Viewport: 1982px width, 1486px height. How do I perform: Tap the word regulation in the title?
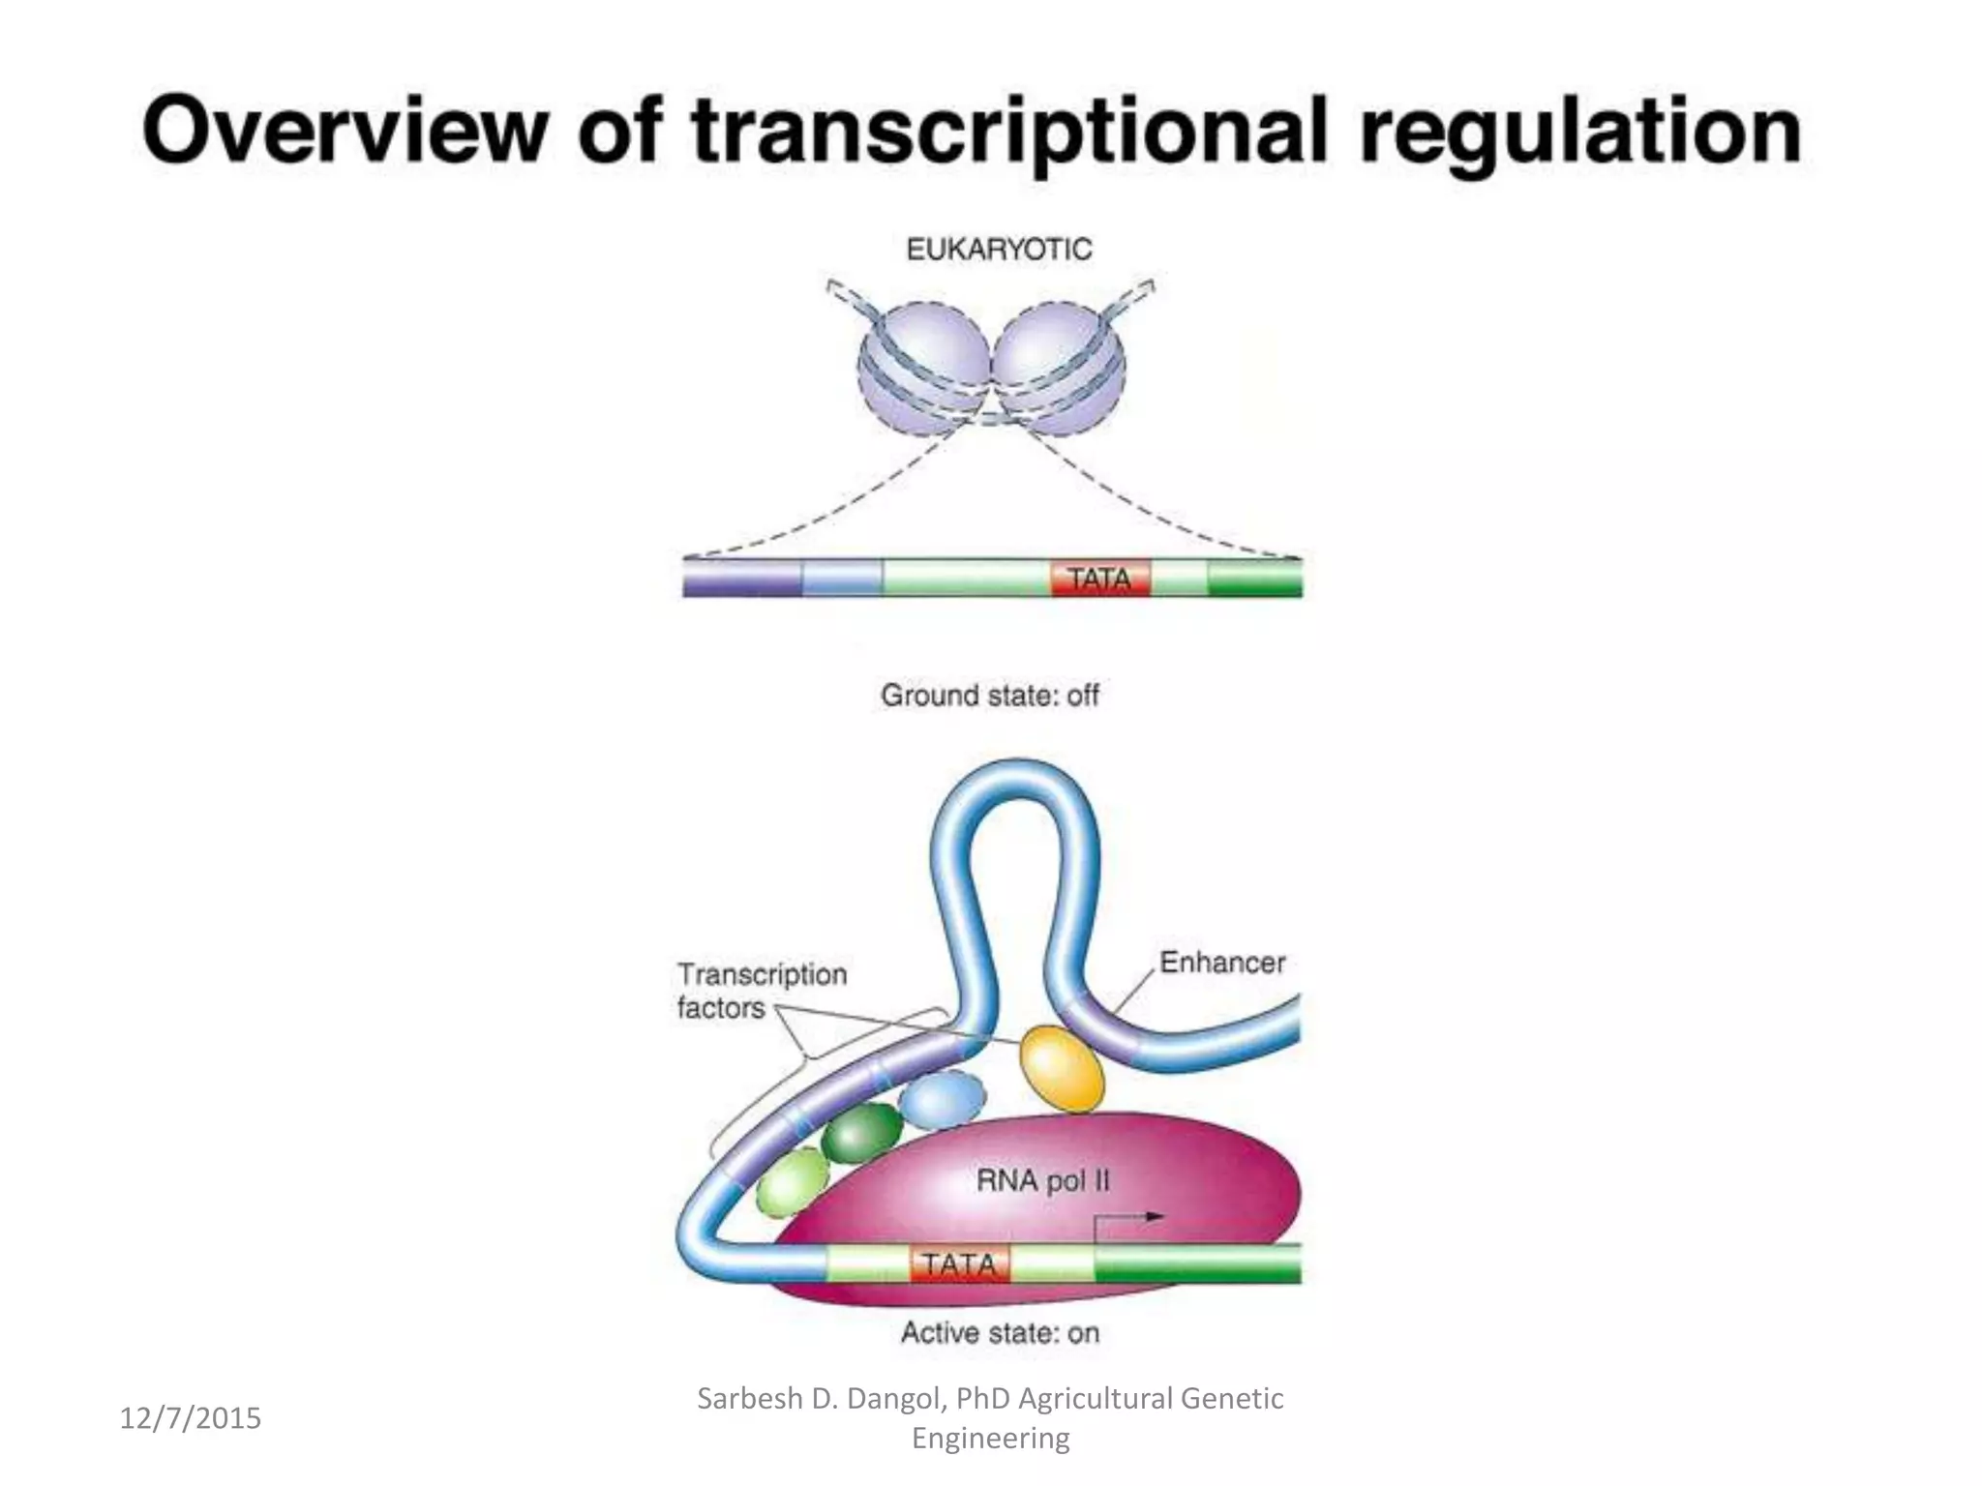point(1579,134)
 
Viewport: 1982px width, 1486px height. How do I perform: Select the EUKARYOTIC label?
point(999,250)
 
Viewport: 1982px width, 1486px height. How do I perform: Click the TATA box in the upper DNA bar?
point(1099,579)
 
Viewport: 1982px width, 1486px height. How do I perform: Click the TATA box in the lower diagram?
point(959,1263)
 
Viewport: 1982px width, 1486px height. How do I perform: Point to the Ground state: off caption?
point(989,695)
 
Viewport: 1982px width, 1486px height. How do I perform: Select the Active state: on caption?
point(1000,1333)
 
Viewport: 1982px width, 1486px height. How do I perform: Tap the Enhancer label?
point(1222,963)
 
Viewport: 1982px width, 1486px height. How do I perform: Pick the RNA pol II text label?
point(1042,1180)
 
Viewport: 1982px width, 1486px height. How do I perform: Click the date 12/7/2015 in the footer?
point(191,1418)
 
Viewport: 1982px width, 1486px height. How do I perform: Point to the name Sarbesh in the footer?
point(749,1399)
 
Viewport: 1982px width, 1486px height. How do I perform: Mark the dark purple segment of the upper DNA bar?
point(742,579)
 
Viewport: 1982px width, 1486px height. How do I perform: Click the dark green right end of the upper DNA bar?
point(1254,579)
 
